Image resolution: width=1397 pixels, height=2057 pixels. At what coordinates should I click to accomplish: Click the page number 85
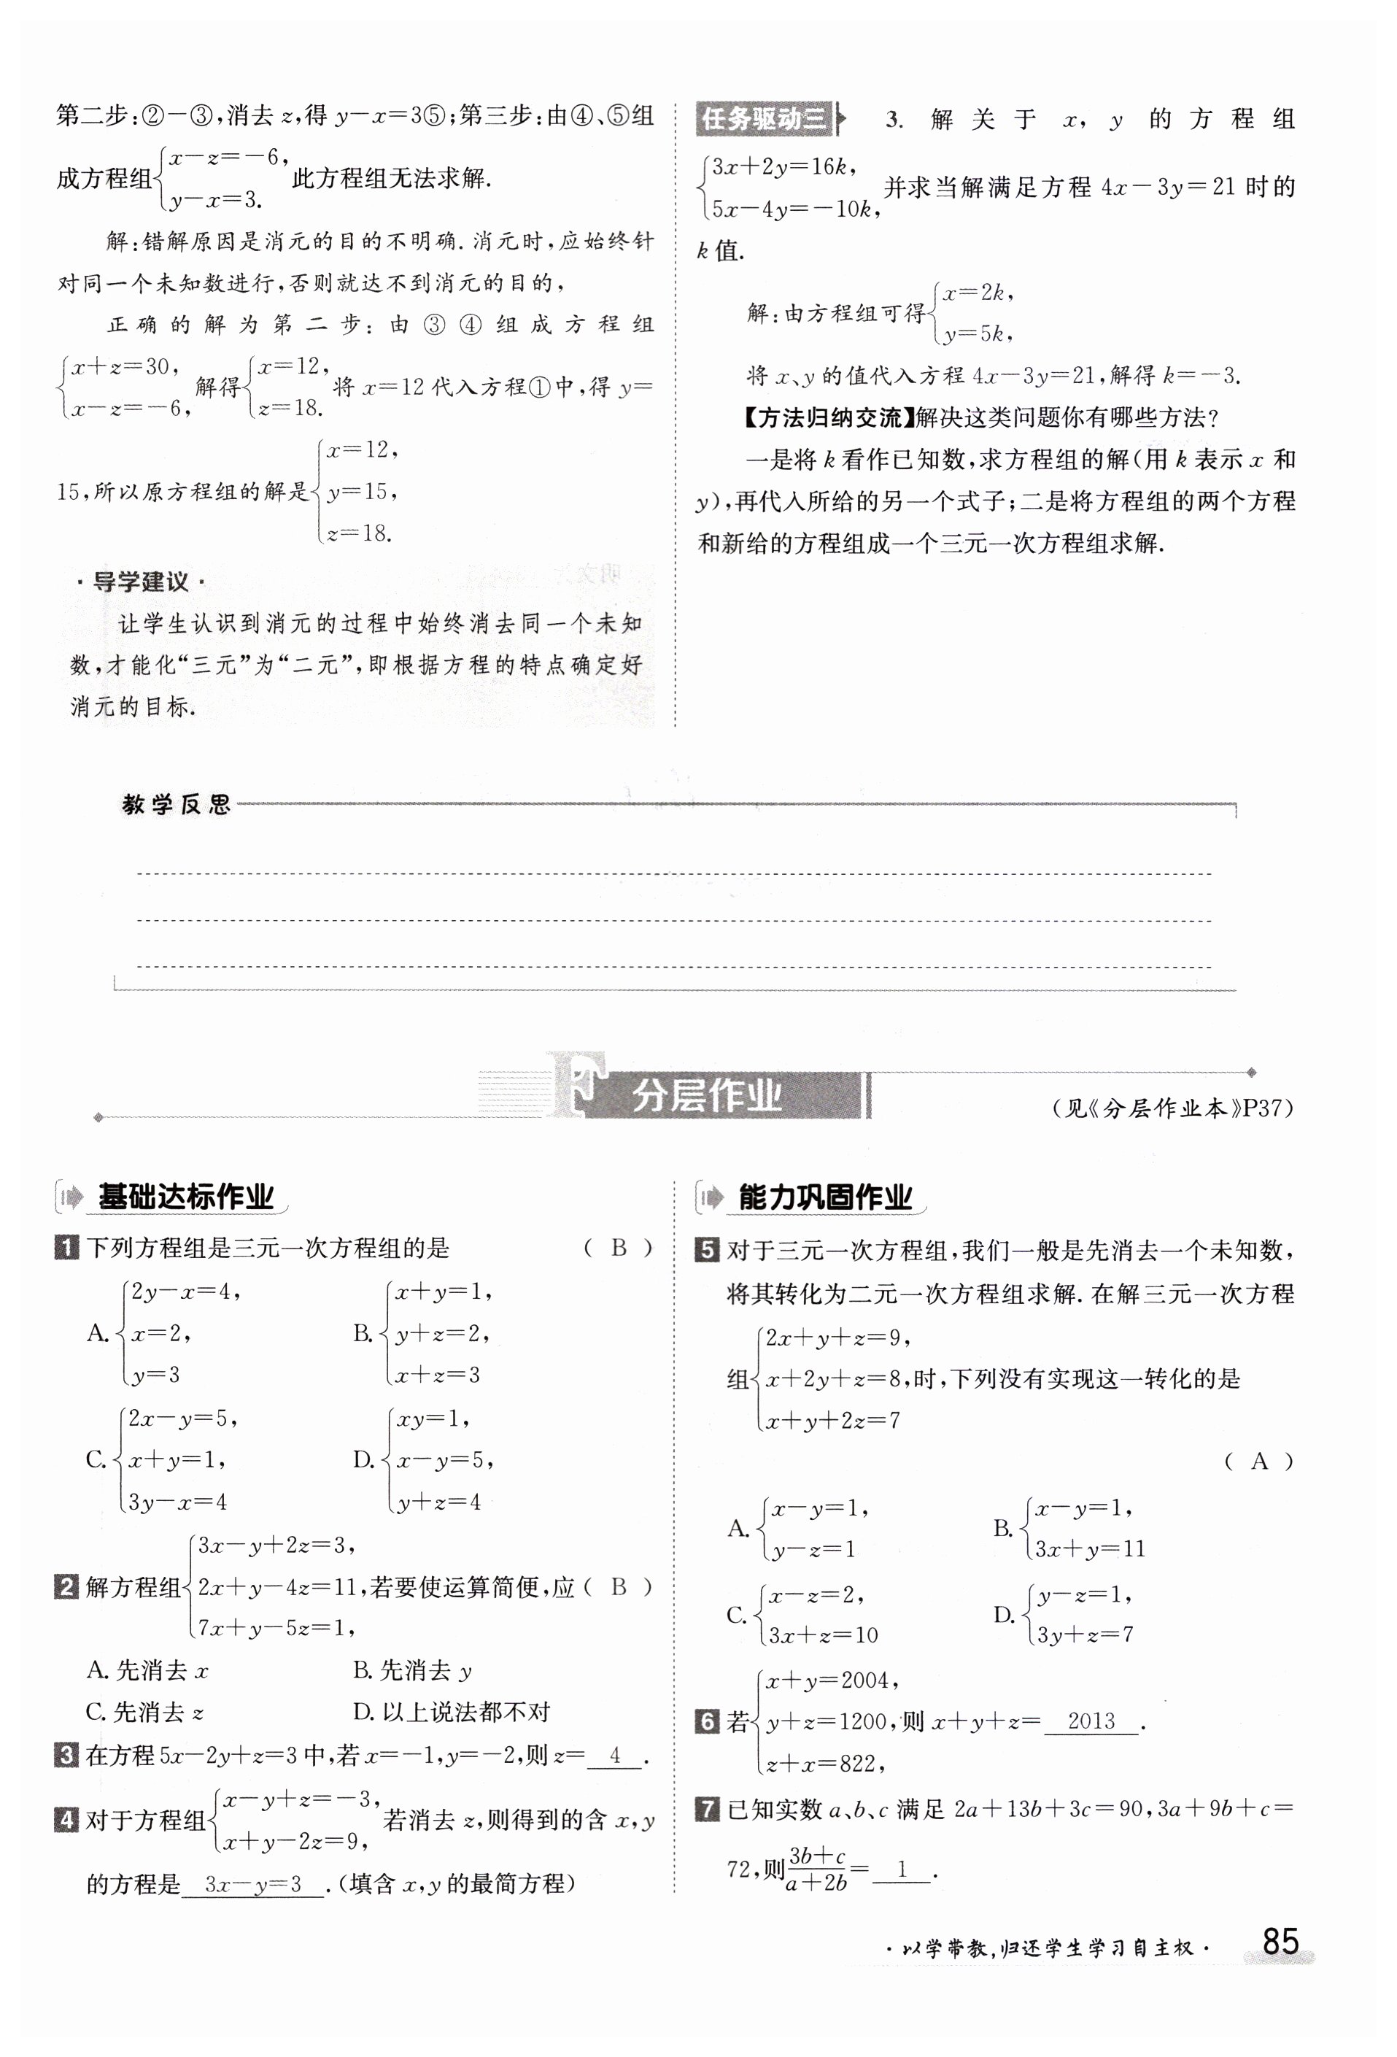(1280, 1942)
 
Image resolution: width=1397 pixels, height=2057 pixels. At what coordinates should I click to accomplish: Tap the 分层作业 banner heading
(706, 1096)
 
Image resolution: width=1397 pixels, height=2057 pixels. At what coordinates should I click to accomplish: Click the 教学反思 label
(176, 805)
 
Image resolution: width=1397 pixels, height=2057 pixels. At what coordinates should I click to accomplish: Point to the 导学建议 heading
(141, 582)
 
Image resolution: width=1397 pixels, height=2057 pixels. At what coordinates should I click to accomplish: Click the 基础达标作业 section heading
(186, 1197)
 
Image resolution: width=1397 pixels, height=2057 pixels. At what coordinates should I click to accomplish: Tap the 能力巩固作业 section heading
(824, 1197)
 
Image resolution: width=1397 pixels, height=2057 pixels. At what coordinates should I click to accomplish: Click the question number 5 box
(707, 1250)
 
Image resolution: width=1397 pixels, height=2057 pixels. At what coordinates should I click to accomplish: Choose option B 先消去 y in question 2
(412, 1670)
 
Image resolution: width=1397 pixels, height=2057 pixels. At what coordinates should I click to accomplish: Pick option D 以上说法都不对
(452, 1712)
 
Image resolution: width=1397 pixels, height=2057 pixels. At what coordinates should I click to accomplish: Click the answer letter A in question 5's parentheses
(1259, 1462)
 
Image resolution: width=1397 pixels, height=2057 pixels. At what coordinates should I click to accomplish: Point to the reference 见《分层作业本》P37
(1172, 1108)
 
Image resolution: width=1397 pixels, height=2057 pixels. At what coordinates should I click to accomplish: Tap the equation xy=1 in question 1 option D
(432, 1418)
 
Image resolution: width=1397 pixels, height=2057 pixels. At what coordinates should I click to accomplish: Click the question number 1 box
(66, 1248)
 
